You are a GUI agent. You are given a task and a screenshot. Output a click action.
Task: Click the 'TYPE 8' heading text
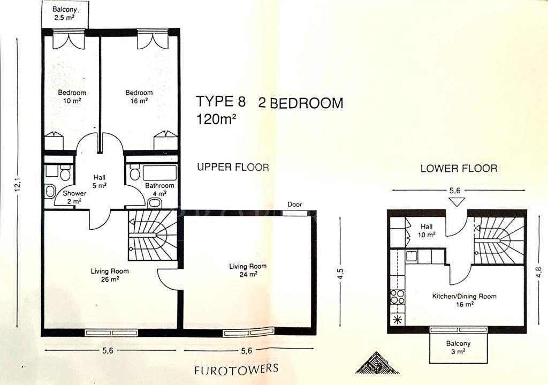click(220, 101)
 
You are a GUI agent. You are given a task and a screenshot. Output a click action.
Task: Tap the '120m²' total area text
click(216, 119)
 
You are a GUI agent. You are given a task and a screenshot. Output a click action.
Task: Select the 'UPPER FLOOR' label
click(233, 167)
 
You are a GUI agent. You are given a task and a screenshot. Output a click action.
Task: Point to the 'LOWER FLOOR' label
click(459, 168)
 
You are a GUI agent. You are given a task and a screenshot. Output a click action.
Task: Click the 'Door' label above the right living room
click(294, 205)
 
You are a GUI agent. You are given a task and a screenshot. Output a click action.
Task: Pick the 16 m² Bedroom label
click(139, 97)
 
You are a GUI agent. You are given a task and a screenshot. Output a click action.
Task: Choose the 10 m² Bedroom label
click(72, 97)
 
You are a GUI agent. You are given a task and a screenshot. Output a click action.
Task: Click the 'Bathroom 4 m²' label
click(159, 190)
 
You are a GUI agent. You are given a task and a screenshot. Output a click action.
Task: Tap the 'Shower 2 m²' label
click(74, 197)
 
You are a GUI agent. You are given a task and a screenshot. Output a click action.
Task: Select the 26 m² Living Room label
click(110, 275)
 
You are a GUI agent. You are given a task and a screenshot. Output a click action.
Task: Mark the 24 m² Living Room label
click(248, 270)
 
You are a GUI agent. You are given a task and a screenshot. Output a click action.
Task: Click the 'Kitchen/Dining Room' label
click(464, 296)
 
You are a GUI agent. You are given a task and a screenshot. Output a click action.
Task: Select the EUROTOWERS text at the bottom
click(236, 369)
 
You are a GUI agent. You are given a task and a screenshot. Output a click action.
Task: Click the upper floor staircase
click(152, 235)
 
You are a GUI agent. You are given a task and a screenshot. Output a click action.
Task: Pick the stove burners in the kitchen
click(397, 297)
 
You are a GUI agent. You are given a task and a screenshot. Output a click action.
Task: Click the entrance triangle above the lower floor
click(456, 202)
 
